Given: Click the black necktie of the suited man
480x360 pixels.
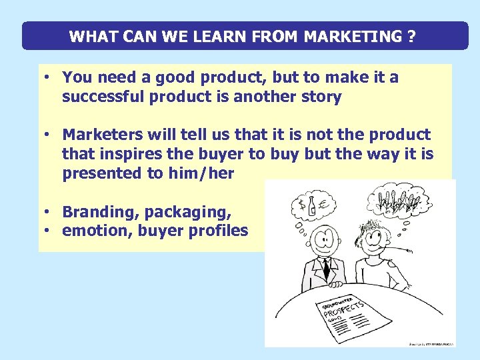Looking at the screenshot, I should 326,267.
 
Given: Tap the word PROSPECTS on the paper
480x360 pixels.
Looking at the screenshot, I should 344,308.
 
